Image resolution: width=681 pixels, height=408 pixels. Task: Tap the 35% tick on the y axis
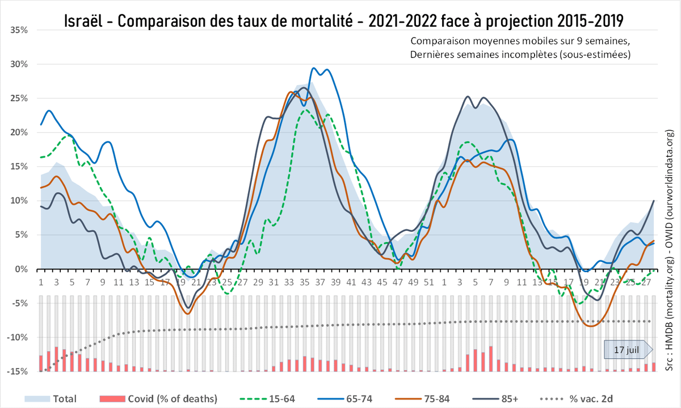pyautogui.click(x=19, y=30)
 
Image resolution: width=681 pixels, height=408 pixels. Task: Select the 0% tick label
pyautogui.click(x=22, y=269)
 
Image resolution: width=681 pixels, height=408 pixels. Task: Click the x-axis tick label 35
pyautogui.click(x=304, y=282)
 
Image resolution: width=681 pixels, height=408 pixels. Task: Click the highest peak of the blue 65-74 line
pyautogui.click(x=314, y=68)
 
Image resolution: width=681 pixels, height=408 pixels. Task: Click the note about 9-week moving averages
pyautogui.click(x=519, y=41)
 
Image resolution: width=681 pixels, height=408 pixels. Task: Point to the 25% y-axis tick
pyautogui.click(x=19, y=98)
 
